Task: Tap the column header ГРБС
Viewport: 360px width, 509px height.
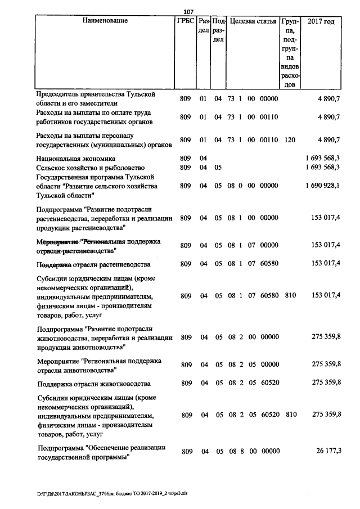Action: [185, 21]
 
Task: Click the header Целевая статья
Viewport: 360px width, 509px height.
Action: [253, 21]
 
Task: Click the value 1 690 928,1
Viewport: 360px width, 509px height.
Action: [322, 186]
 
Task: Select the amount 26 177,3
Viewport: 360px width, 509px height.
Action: [327, 451]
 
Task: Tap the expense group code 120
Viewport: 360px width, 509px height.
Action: [290, 139]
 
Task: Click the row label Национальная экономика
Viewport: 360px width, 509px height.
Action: [75, 159]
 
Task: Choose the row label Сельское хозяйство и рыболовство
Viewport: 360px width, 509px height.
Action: [91, 168]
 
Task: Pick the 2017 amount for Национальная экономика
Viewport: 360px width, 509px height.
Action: [322, 159]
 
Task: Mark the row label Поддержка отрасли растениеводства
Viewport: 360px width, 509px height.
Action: [93, 264]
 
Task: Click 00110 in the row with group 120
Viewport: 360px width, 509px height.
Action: [269, 139]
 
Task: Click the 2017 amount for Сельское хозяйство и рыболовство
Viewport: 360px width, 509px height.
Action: [322, 168]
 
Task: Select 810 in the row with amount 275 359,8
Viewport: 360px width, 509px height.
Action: [290, 415]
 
